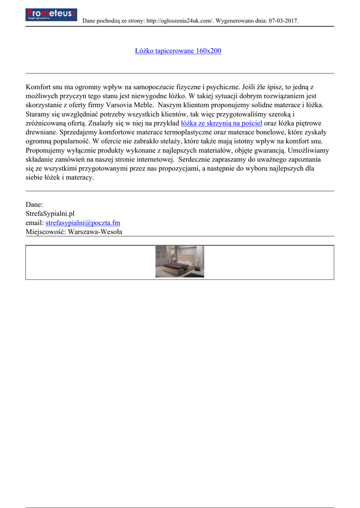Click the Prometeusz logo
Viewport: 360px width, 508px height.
pos(51,14)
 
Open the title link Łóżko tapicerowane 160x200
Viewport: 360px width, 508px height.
pos(178,51)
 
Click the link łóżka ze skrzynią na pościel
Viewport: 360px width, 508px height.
pos(221,124)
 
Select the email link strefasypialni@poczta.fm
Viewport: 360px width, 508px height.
pos(82,223)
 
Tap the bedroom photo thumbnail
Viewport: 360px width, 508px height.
pos(180,261)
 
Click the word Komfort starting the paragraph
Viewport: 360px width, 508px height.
pos(39,87)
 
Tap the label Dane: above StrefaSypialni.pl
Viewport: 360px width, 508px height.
pos(34,204)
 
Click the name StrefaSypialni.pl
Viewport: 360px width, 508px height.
pos(50,214)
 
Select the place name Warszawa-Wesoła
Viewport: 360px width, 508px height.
pos(95,232)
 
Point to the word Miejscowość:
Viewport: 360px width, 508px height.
pos(46,232)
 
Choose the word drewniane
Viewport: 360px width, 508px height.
pos(41,132)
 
